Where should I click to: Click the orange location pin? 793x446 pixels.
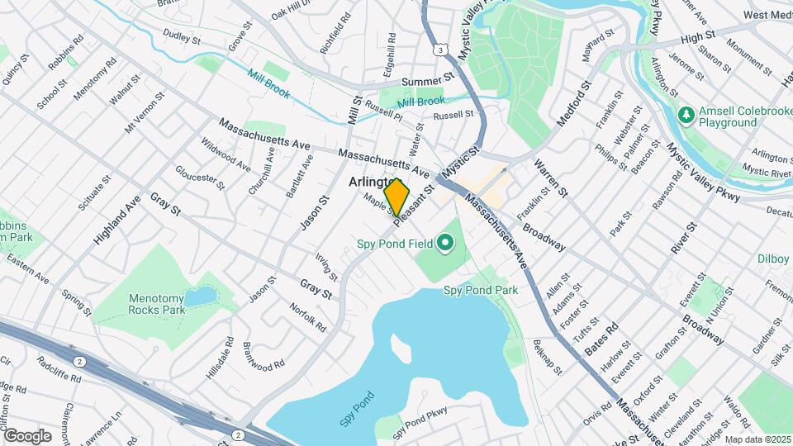point(397,197)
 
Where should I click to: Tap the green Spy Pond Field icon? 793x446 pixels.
point(446,243)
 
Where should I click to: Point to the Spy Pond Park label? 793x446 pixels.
point(481,290)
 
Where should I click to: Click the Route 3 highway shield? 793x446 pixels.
point(443,50)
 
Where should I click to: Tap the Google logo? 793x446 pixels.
point(27,435)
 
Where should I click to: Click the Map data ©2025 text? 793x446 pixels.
point(757,439)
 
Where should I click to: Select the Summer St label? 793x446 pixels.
point(428,81)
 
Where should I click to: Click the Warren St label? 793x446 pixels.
point(552,178)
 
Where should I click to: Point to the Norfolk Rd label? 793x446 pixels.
point(309,317)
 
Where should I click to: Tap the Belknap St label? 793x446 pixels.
point(547,355)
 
